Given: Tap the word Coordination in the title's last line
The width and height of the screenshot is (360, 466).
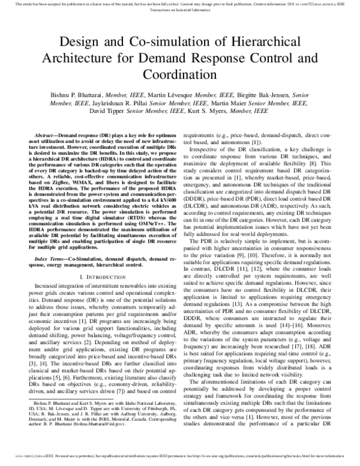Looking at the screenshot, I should point(179,76).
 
